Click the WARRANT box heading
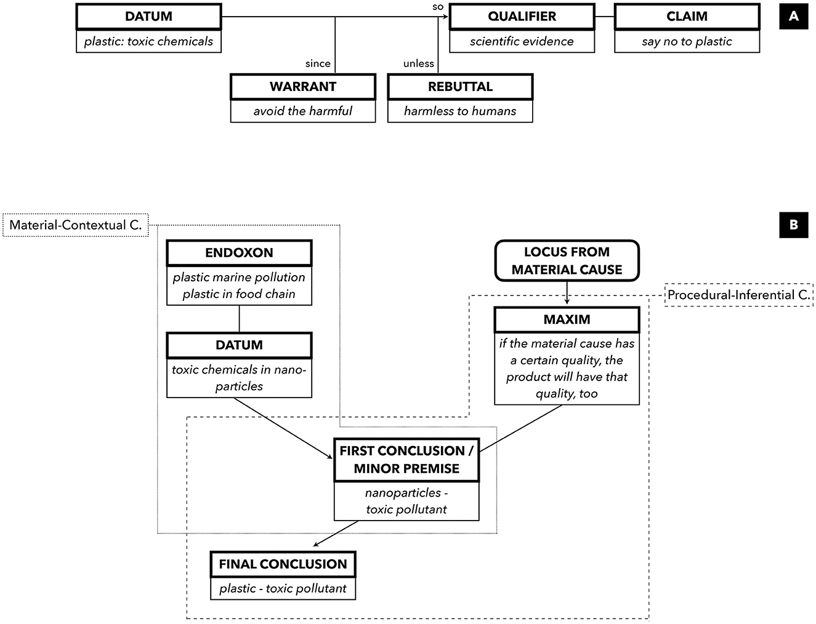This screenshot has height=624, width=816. coord(303,87)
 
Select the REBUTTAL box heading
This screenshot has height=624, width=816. coord(460,87)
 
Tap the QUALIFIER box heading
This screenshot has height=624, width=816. coord(522,17)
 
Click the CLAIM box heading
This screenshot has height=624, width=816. coord(687,17)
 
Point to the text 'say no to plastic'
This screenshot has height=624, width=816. coord(687,41)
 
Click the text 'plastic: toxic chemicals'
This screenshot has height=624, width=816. coord(148,41)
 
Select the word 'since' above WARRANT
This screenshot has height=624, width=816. coord(318,63)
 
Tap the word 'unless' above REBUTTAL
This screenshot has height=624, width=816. coord(419,63)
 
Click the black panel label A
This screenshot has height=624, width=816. coord(793,17)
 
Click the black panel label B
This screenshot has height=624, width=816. coord(793,225)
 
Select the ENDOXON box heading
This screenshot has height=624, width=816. coord(239,253)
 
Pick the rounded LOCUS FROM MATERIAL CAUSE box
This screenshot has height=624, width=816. coord(567,261)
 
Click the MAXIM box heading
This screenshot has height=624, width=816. coord(567,319)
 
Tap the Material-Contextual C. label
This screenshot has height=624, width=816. coord(76,225)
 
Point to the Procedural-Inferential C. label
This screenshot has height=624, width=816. coord(738,295)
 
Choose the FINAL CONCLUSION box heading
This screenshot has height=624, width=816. coord(283,564)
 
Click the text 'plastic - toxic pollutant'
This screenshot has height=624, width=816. coord(283,588)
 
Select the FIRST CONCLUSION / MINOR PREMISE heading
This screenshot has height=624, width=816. coord(406,460)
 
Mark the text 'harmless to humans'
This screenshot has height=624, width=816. coord(460,111)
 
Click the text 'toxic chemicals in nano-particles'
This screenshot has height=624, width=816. coord(239,378)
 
